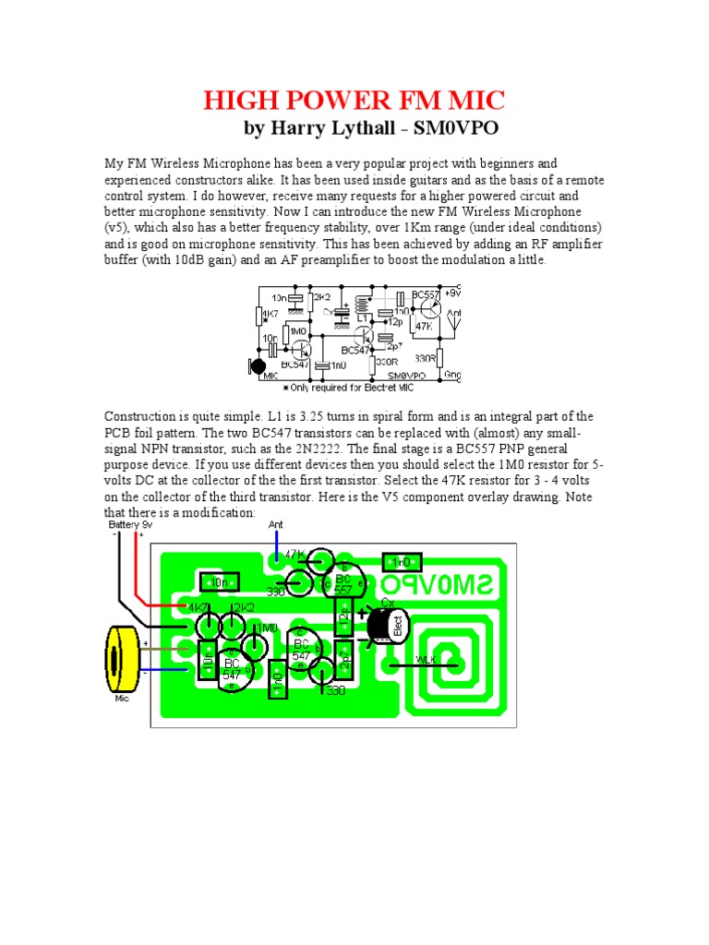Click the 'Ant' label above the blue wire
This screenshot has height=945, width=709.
275,524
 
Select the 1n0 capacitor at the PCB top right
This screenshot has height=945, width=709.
403,562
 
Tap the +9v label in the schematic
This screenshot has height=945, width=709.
452,293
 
